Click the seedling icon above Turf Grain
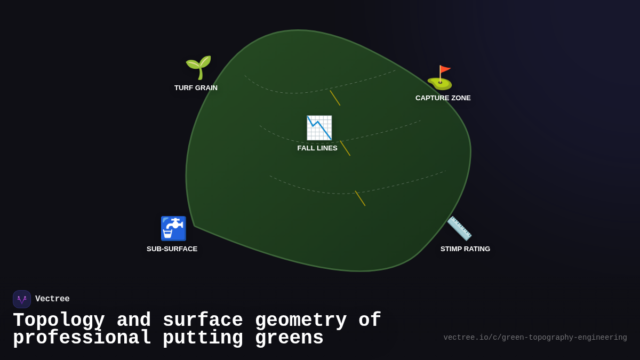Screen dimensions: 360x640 pos(198,67)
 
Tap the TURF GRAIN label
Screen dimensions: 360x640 pos(196,88)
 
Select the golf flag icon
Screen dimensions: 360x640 pos(440,78)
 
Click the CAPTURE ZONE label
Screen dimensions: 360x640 pos(443,98)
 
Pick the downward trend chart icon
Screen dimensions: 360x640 pos(319,128)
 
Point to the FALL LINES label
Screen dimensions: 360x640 pos(317,148)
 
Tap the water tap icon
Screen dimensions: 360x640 pos(173,228)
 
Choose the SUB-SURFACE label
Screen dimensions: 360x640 pos(172,249)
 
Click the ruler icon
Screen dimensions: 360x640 pos(459,228)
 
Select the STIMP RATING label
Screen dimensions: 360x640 pos(465,249)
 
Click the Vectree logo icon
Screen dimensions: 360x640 pos(22,299)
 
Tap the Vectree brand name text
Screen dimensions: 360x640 pos(52,299)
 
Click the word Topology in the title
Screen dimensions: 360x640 pos(59,321)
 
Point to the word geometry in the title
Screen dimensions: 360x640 pos(301,321)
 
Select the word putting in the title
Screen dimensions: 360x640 pos(203,338)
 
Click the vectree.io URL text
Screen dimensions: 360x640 pos(535,338)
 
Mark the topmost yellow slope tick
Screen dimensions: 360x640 pos(335,98)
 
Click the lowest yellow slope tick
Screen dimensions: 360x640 pos(360,198)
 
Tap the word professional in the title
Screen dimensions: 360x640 pos(82,338)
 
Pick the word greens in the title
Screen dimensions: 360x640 pos(289,338)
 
